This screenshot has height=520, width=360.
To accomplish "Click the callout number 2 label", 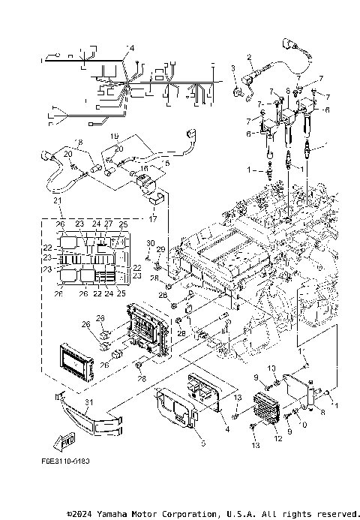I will pyautogui.click(x=249, y=57).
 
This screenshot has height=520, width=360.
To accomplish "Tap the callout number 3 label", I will pyautogui.click(x=233, y=69).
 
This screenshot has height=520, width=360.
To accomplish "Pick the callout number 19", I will pyautogui.click(x=115, y=137).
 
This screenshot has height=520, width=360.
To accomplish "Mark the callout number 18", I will pyautogui.click(x=79, y=141).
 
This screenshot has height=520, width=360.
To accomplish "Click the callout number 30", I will pyautogui.click(x=150, y=243).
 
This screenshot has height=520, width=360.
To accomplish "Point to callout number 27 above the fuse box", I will pyautogui.click(x=108, y=224).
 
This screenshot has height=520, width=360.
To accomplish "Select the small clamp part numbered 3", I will pyautogui.click(x=242, y=92).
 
